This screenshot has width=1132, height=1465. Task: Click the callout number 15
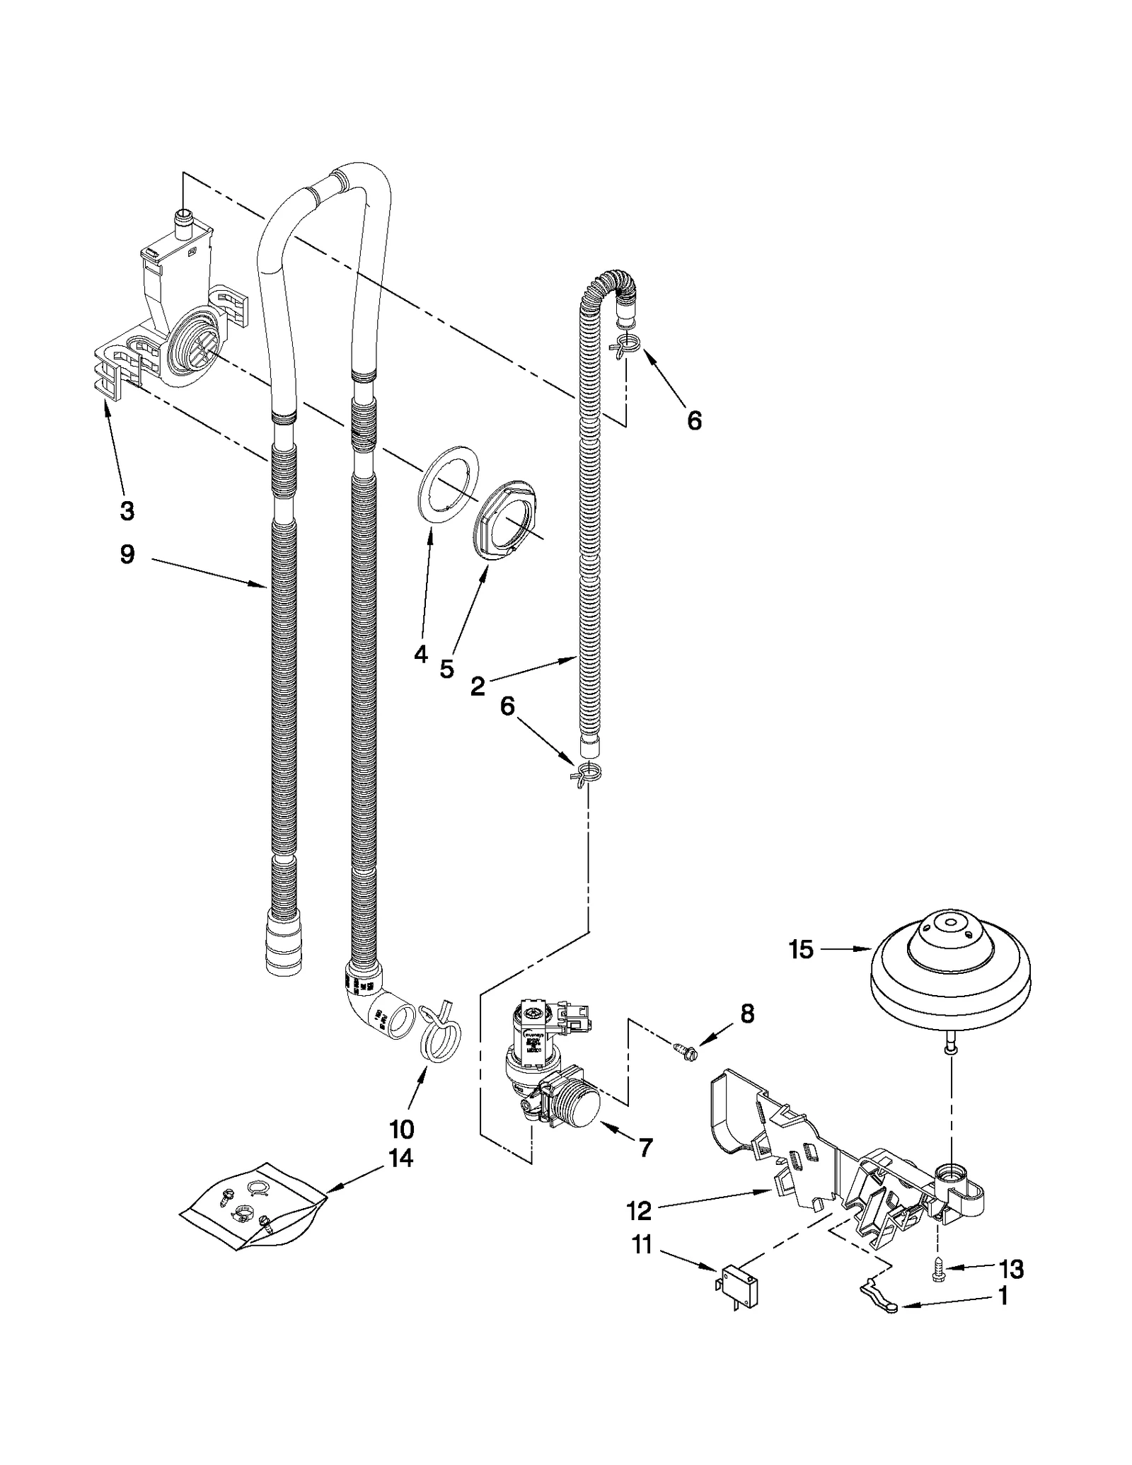(x=801, y=950)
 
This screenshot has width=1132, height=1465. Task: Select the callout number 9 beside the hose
(x=127, y=554)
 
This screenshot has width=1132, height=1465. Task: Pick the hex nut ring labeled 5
(x=508, y=519)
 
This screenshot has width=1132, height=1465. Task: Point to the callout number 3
(x=127, y=510)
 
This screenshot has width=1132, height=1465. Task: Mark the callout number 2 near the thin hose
(x=478, y=685)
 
